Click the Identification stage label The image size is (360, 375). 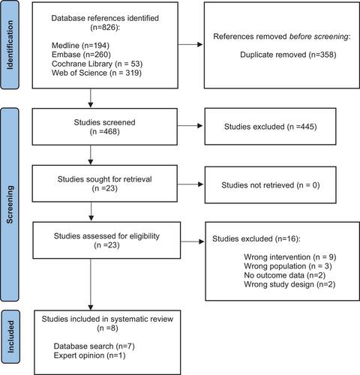10,45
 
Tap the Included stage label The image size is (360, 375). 10,337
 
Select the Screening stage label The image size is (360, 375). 10,205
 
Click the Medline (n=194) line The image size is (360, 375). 80,45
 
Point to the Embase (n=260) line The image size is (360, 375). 81,54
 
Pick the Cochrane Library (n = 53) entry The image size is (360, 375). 97,64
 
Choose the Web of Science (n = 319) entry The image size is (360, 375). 97,73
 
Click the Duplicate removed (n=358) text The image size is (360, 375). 288,55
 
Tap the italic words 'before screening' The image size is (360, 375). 319,37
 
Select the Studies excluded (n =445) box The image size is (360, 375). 270,126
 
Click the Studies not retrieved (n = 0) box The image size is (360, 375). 271,185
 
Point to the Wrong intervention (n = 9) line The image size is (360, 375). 290,257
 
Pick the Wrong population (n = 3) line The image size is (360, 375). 288,266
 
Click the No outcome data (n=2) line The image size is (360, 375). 285,275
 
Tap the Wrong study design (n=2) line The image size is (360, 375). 289,284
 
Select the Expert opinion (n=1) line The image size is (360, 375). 89,355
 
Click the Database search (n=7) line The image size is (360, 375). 94,346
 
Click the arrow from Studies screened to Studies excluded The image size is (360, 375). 190,125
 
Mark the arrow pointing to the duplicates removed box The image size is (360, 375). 190,45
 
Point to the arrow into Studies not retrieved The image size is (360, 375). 190,184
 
